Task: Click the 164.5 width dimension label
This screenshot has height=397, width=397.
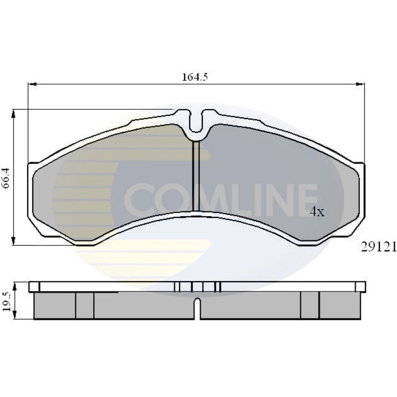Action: coord(195,77)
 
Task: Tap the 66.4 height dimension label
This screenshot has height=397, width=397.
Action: coord(6,177)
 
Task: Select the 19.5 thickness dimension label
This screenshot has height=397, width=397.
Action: coord(7,301)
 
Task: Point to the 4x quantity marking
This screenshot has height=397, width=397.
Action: coord(317,212)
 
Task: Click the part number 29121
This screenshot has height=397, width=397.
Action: coord(378,247)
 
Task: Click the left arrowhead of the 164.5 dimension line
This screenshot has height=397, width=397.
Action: coord(32,84)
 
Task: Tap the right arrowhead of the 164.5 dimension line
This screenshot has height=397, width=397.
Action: coord(360,84)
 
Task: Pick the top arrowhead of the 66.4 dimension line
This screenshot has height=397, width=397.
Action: coord(13,114)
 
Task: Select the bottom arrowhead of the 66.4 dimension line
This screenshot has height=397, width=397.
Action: coord(13,240)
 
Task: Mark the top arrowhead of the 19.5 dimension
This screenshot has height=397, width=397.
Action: coord(15,287)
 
